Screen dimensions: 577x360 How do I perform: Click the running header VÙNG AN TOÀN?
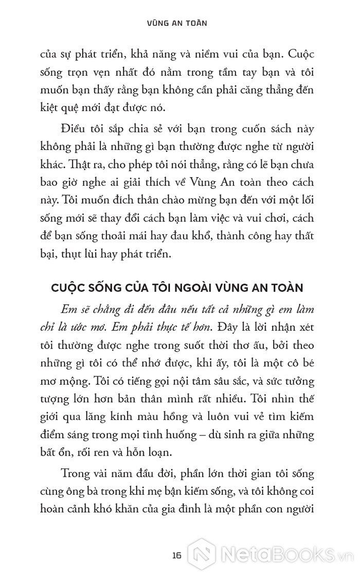180,23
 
